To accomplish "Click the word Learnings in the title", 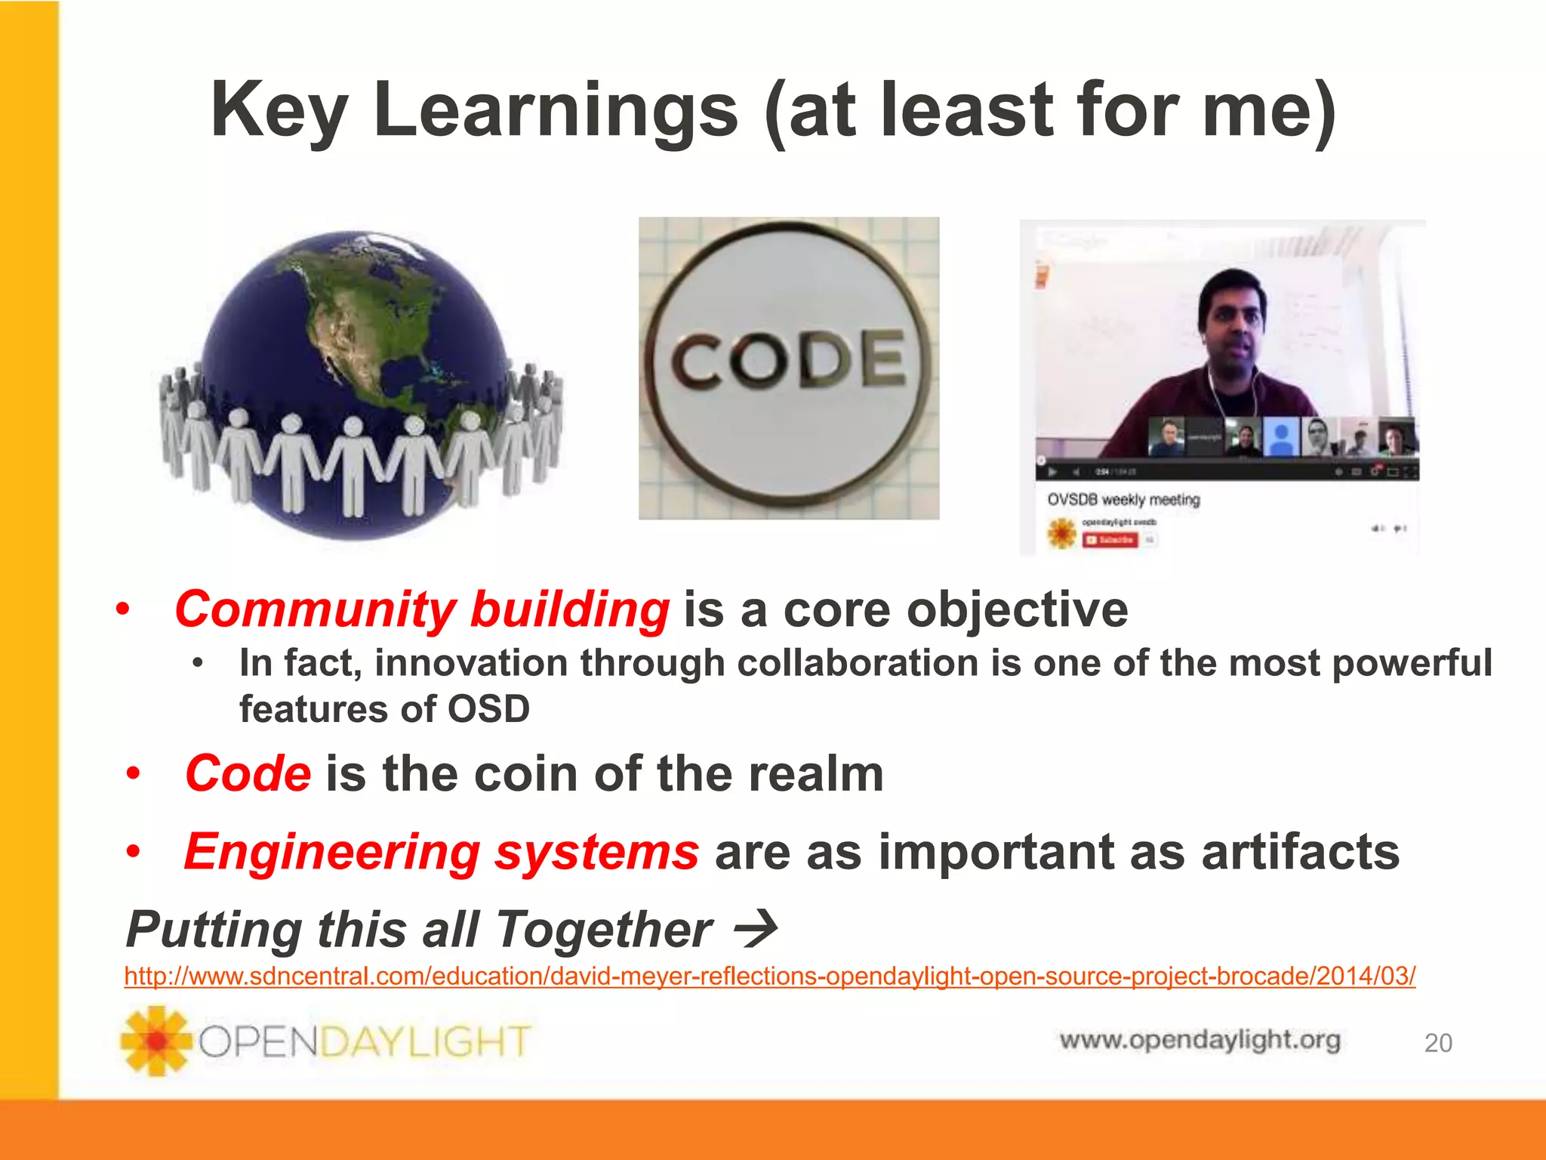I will tap(555, 111).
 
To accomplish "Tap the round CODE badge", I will tap(789, 368).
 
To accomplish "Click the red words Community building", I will tap(421, 609).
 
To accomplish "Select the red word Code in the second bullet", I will tap(248, 774).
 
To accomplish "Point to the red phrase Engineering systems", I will tap(442, 852).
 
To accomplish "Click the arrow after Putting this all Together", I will tap(756, 929).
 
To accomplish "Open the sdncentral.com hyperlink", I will tap(769, 976).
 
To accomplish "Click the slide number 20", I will tap(1437, 1043).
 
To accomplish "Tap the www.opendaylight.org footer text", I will tap(1200, 1040).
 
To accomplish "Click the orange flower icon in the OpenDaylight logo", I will tap(156, 1041).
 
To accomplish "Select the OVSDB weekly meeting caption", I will tap(1123, 500).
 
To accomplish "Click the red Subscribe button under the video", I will tap(1110, 540).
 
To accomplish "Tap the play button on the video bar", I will tap(1052, 473).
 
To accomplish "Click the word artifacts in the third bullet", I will tap(1300, 852).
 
